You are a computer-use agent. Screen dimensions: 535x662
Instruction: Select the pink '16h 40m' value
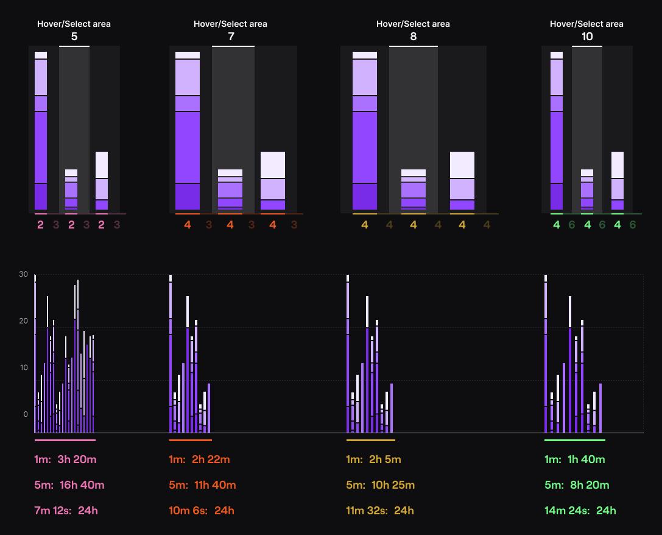(82, 485)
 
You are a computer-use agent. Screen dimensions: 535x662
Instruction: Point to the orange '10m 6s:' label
(189, 511)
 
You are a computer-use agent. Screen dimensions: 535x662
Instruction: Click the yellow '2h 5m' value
(385, 459)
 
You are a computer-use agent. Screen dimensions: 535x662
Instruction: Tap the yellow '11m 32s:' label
(367, 511)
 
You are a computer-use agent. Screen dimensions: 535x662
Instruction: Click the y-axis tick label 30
(23, 274)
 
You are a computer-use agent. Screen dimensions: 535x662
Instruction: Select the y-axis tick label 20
(23, 321)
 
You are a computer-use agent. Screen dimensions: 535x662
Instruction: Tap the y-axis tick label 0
(26, 414)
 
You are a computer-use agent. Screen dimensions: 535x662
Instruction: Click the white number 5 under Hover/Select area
(74, 37)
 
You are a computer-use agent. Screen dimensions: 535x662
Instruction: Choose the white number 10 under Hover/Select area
(586, 37)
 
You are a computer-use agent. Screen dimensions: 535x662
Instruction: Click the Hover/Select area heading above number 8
(413, 24)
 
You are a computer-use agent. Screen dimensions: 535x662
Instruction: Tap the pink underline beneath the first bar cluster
(65, 440)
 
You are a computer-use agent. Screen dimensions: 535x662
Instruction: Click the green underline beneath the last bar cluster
(574, 440)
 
